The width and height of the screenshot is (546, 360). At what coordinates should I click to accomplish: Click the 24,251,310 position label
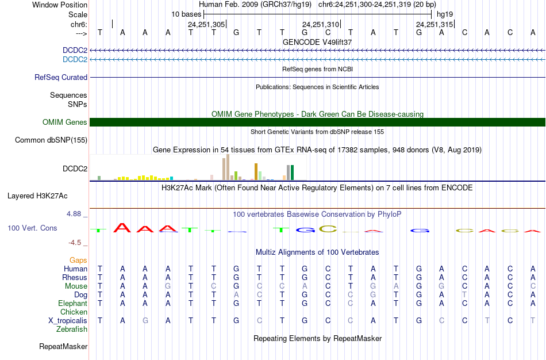coord(321,25)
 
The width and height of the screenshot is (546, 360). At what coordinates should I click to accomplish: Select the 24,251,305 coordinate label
coord(206,25)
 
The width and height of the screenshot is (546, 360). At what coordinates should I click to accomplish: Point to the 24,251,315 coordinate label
coord(435,25)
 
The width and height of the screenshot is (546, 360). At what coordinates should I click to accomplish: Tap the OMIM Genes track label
coord(65,122)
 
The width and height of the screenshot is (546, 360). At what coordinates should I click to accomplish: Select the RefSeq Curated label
coord(61,77)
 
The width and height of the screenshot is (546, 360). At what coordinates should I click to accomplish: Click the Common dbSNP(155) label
coord(51,140)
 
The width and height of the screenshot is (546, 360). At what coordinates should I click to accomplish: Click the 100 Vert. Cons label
coord(32,228)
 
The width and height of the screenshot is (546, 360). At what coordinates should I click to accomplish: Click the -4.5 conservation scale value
coord(75,243)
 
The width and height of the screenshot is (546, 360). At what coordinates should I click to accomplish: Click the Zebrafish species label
coord(72,330)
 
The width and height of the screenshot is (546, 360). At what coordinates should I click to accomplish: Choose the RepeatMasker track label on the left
coord(63,347)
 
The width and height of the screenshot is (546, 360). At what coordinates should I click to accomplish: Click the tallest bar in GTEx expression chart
coord(228,167)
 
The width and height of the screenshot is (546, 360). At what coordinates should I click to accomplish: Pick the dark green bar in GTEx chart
coord(292,173)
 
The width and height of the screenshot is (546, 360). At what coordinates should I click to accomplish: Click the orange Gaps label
coord(78,261)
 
